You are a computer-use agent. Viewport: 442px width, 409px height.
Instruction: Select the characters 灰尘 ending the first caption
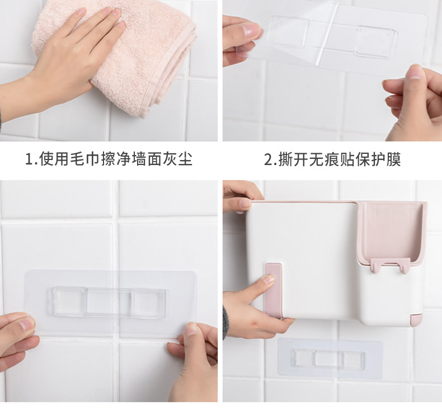177,159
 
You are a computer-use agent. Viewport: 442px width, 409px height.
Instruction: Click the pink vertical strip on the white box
274,290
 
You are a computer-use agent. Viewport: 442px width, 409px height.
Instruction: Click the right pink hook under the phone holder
404,265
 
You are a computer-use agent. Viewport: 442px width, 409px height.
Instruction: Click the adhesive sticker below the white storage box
330,358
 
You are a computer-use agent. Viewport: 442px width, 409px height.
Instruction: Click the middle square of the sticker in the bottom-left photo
109,303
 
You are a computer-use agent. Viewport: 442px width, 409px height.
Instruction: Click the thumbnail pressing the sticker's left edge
27,325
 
